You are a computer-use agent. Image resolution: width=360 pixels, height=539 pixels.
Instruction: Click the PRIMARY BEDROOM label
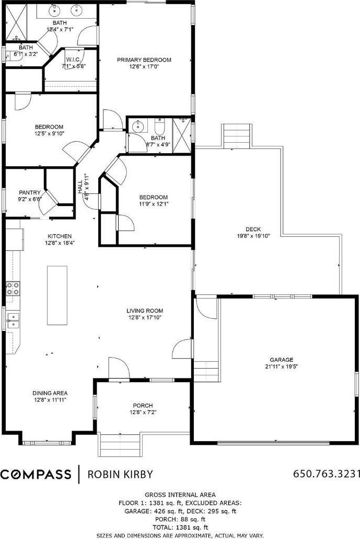144,60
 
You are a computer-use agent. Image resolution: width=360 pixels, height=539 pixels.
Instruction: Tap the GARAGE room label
281,360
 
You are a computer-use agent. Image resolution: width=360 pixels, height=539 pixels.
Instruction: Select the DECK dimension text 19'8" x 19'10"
253,236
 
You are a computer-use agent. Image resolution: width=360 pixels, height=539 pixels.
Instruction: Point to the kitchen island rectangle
57,295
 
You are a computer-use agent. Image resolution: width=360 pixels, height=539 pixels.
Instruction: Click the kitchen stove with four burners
13,289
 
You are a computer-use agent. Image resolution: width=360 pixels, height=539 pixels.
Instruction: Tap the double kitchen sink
13,320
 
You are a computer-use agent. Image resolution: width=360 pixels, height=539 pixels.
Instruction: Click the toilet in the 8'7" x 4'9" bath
160,127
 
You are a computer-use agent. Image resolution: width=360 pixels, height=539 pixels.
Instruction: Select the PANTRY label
30,192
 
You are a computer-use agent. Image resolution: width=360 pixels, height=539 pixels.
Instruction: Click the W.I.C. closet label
73,60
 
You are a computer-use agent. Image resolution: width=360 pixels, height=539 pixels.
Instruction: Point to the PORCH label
143,406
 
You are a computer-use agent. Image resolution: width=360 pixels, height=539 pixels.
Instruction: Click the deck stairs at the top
236,136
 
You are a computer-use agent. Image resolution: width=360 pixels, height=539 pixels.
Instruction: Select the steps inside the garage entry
206,371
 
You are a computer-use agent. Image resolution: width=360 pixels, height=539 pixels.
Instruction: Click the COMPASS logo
36,474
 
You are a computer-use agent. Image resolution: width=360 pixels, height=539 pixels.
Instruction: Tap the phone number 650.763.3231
326,474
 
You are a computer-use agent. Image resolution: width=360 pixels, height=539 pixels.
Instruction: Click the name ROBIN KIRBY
120,474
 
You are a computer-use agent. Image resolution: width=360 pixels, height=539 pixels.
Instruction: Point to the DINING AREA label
50,393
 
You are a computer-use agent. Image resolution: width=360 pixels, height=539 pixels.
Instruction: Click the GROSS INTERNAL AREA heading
180,495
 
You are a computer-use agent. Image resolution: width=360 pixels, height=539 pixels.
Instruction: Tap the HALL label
80,187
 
